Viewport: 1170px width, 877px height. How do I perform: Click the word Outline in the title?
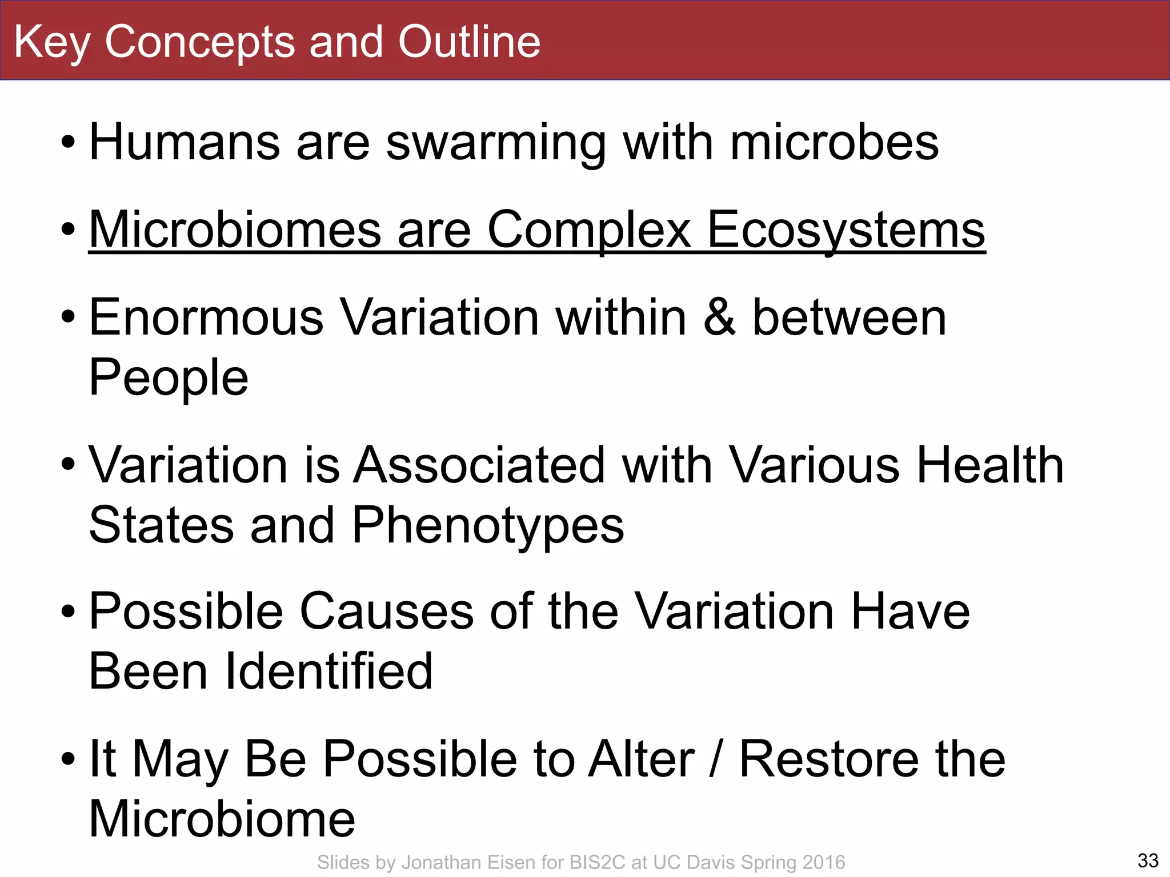click(x=468, y=42)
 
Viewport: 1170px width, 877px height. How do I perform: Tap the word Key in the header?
click(x=51, y=43)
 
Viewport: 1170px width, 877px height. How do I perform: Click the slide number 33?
click(x=1148, y=860)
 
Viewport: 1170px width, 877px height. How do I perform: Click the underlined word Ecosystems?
click(x=846, y=230)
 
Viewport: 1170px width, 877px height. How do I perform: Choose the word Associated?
click(x=479, y=465)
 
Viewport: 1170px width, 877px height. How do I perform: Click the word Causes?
click(x=386, y=611)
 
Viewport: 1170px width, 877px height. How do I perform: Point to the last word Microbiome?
click(x=222, y=819)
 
